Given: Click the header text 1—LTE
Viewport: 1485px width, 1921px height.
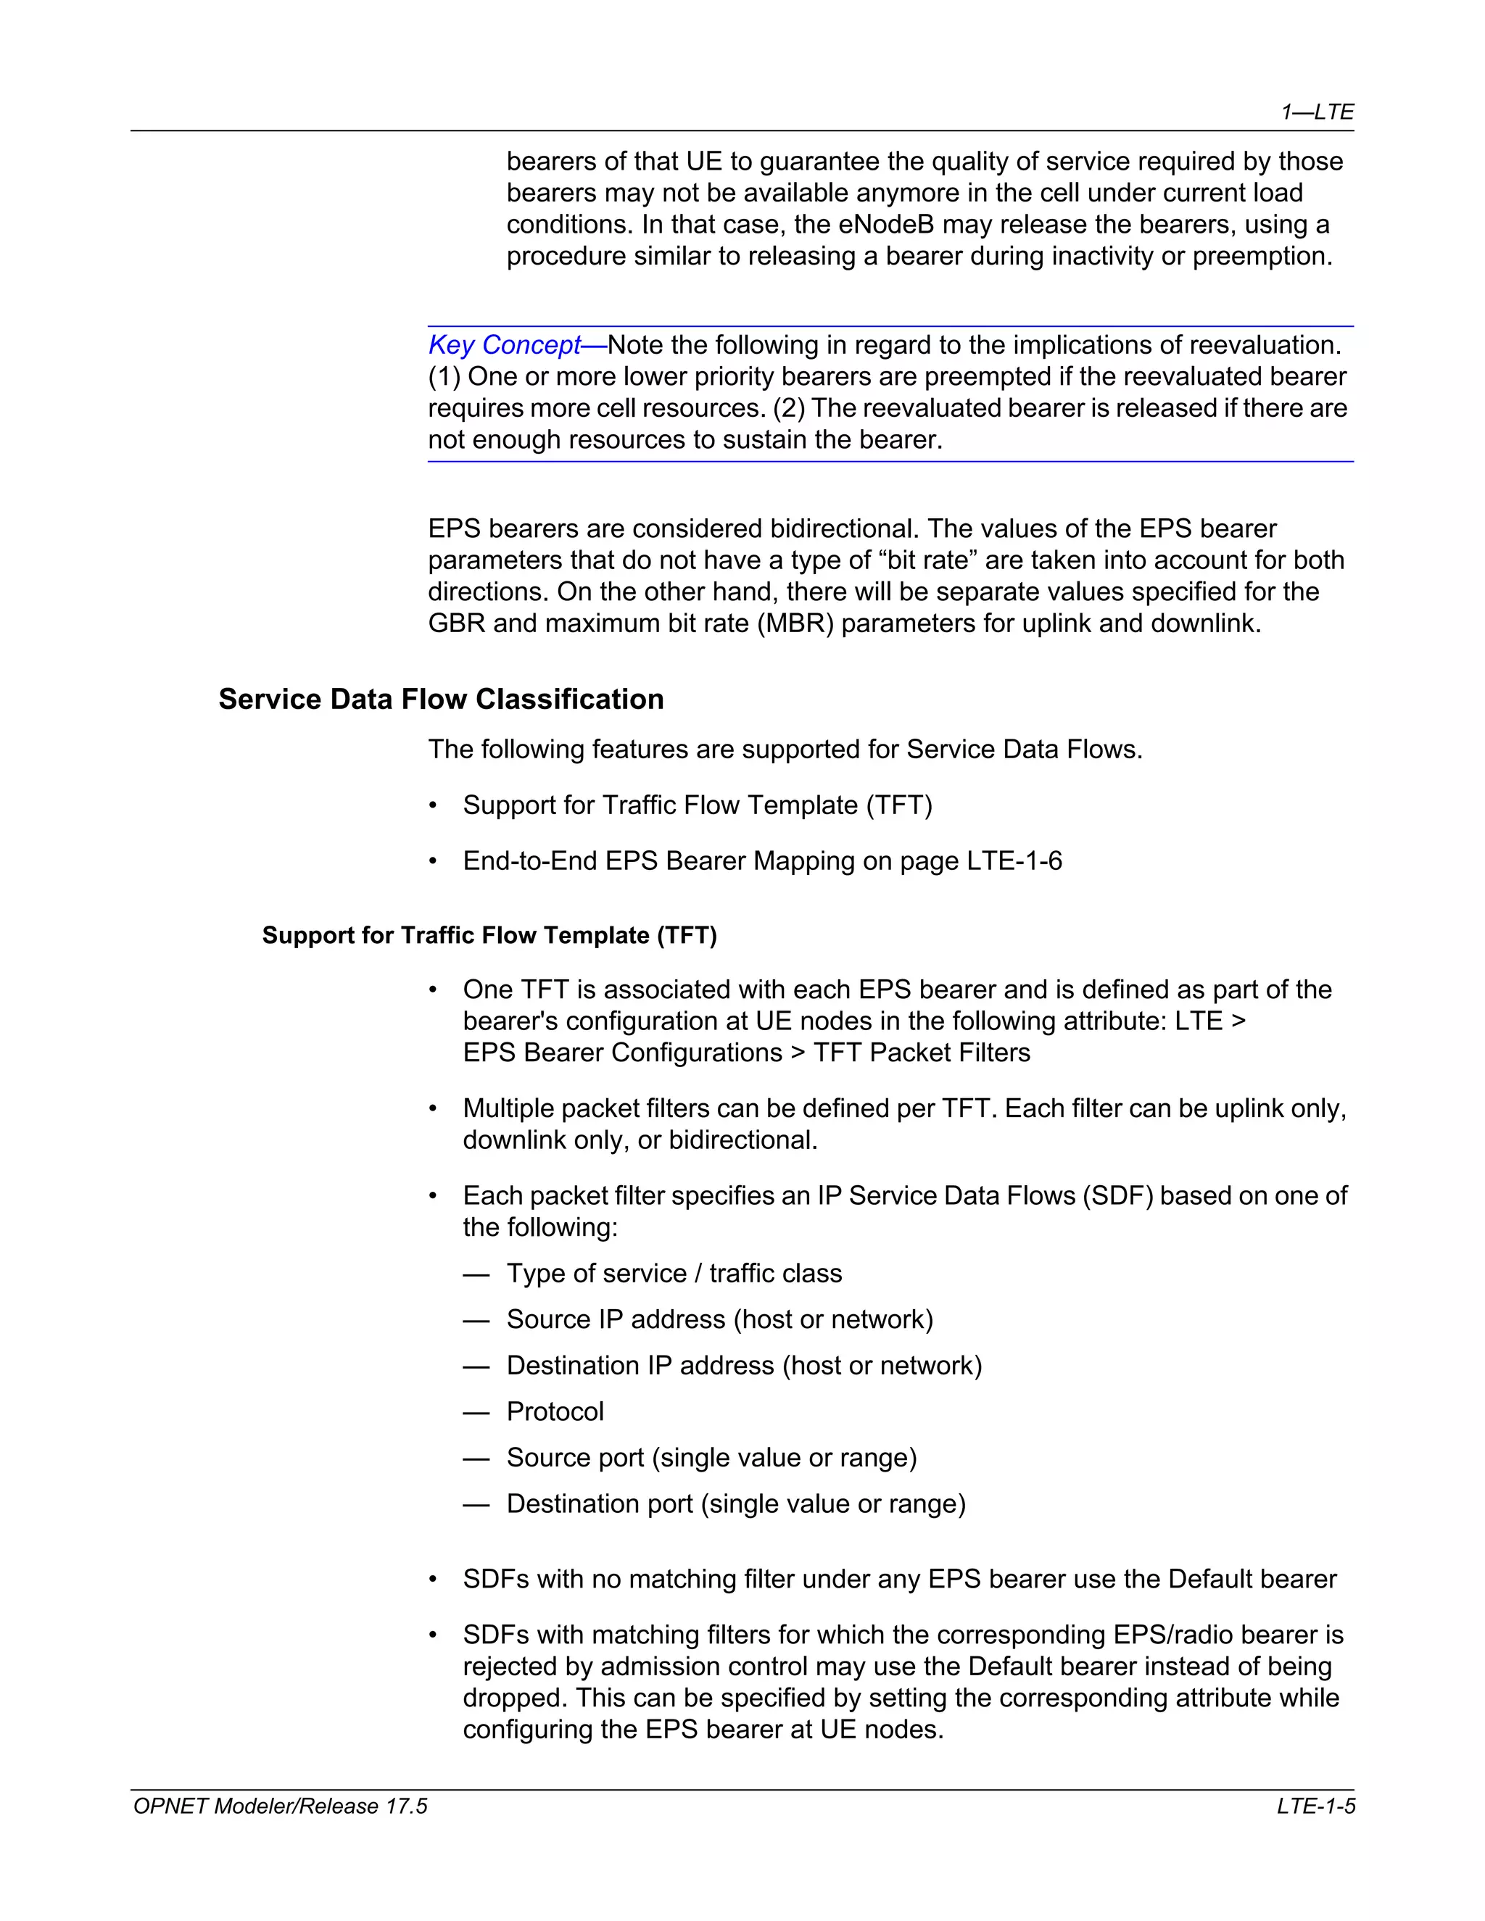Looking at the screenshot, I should [1317, 112].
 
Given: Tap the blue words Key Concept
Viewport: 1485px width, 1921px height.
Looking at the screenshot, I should [504, 345].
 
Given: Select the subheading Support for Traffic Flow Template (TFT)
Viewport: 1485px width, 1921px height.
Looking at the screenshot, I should [489, 935].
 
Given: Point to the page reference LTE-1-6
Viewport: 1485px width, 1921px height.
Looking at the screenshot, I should [1014, 860].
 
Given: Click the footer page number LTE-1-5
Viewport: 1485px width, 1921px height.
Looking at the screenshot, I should [1316, 1806].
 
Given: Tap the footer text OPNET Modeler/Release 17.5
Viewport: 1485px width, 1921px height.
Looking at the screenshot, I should [280, 1806].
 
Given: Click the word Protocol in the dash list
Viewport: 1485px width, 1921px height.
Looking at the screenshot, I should [555, 1411].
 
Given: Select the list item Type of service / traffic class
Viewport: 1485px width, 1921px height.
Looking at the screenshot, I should [674, 1274].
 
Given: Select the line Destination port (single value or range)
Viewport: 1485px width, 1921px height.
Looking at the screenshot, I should [735, 1504].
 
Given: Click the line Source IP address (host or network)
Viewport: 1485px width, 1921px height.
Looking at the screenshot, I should [719, 1319].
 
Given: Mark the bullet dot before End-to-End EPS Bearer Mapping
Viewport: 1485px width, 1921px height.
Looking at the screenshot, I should [433, 861].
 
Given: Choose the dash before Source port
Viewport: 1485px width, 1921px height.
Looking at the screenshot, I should [476, 1459].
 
